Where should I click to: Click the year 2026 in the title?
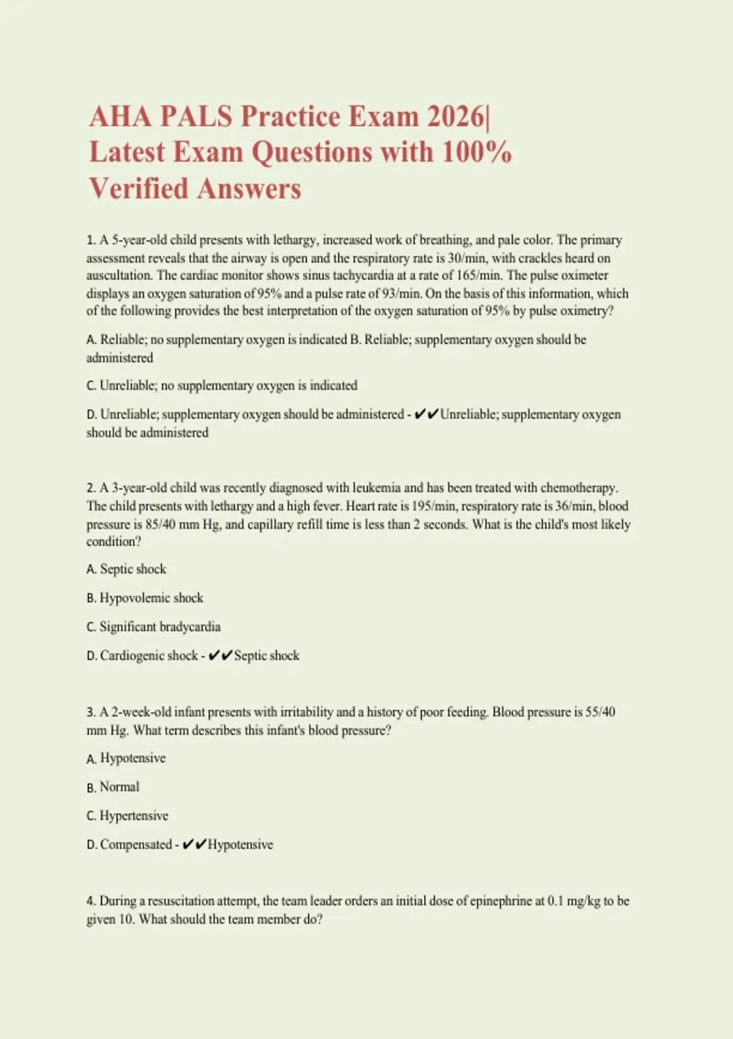pyautogui.click(x=454, y=116)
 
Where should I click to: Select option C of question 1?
pyautogui.click(x=222, y=386)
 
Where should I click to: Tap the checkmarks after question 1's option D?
pyautogui.click(x=426, y=414)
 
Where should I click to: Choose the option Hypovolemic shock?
pyautogui.click(x=145, y=598)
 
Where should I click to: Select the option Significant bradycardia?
pyautogui.click(x=153, y=626)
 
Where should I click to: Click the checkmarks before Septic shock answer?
pyautogui.click(x=220, y=656)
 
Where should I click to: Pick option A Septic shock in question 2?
pyautogui.click(x=126, y=569)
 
